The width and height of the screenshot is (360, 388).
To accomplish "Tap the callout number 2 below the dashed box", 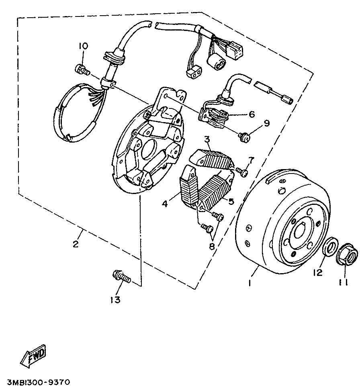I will (x=76, y=243).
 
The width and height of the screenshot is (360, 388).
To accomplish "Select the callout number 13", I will (x=115, y=300).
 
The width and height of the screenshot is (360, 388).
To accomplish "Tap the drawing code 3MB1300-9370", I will (x=39, y=381).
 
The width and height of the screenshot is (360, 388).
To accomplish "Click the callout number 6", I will (x=252, y=114).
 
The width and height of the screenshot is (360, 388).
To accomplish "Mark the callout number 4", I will (x=165, y=204).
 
